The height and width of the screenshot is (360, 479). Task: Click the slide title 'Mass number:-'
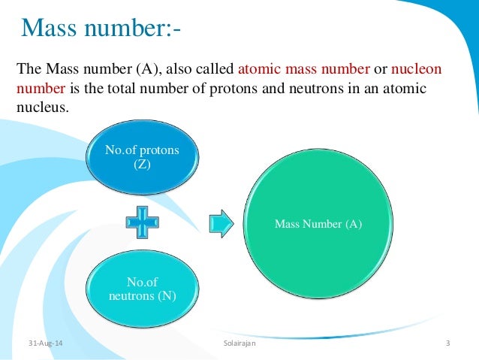(101, 29)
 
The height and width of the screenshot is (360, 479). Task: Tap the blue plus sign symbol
(143, 223)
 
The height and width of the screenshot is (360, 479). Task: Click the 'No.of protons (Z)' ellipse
(143, 157)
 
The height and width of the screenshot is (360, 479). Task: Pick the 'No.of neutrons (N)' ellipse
(143, 289)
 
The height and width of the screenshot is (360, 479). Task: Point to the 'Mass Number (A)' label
(318, 223)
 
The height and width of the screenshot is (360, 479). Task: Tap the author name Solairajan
(239, 344)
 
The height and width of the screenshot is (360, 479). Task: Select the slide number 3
(447, 344)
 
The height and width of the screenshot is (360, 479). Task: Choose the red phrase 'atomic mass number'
(303, 70)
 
